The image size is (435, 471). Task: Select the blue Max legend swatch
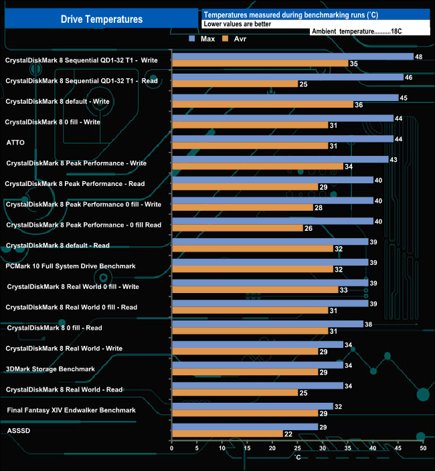tap(192, 39)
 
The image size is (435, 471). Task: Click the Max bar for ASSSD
tap(245, 427)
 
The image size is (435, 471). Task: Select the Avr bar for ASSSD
tap(227, 434)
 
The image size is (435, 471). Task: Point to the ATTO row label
tap(15, 143)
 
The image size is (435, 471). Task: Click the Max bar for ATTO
tap(282, 138)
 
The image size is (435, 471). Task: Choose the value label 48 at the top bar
tap(418, 57)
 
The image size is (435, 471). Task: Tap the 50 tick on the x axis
tap(423, 448)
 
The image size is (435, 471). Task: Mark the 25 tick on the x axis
tap(298, 448)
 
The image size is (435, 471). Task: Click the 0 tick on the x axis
tap(173, 448)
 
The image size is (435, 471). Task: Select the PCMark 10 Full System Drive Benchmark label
tap(70, 266)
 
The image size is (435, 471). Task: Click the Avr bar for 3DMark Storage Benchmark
tap(245, 373)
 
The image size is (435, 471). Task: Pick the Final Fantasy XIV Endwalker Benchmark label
tap(71, 410)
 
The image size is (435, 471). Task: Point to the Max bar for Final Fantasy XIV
tap(252, 406)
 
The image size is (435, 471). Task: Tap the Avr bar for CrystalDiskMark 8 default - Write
tap(262, 104)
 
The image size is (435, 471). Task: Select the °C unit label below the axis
tap(297, 457)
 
